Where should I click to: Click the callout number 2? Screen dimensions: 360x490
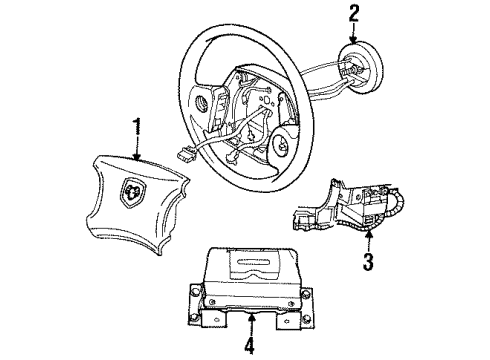pos(352,13)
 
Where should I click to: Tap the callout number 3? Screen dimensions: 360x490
pos(369,263)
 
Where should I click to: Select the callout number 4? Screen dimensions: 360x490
pos(251,348)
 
